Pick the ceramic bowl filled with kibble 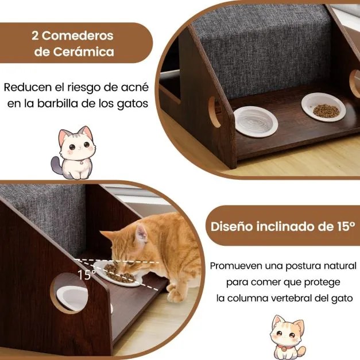click(323, 109)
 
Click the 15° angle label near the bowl click(86, 274)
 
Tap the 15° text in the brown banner click(344, 226)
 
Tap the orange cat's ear click(140, 233)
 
